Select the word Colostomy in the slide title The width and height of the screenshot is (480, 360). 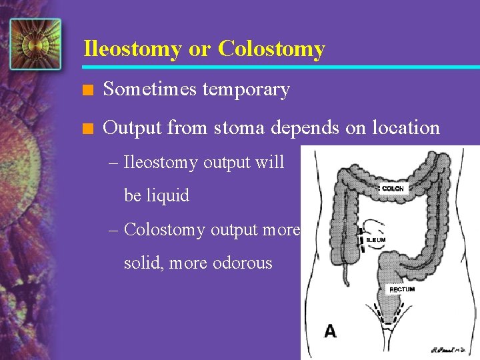pos(271,49)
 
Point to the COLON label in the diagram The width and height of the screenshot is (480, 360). pos(393,189)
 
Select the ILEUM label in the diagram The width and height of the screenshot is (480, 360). pos(376,239)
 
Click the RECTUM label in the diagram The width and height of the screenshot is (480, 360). pos(402,289)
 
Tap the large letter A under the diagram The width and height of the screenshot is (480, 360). pos(330,331)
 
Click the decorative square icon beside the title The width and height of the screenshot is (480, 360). pos(35,44)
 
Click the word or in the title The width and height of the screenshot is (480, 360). pos(199,49)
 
